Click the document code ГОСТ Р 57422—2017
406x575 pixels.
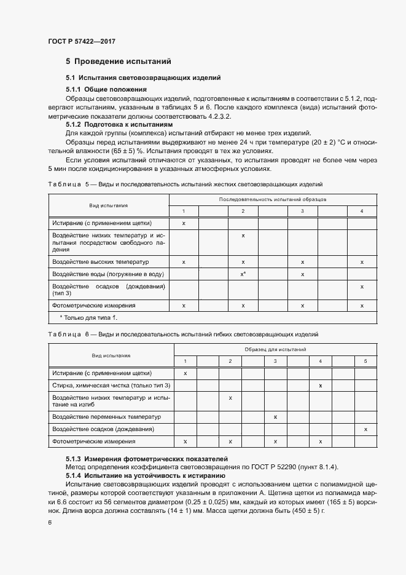click(x=82, y=41)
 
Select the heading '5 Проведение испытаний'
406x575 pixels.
click(x=118, y=61)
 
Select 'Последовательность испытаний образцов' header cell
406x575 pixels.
click(x=273, y=200)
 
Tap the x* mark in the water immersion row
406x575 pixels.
click(x=243, y=274)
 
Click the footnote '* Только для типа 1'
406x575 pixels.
click(x=88, y=317)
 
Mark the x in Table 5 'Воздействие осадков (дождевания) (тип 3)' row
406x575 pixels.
click(x=362, y=287)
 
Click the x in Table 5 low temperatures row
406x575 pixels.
click(x=243, y=236)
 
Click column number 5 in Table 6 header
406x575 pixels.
click(x=365, y=360)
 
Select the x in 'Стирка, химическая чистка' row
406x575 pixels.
click(x=321, y=385)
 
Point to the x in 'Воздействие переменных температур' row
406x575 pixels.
click(x=275, y=417)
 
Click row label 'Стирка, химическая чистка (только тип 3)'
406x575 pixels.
click(x=111, y=385)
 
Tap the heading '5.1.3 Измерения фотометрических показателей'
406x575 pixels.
click(x=146, y=459)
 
